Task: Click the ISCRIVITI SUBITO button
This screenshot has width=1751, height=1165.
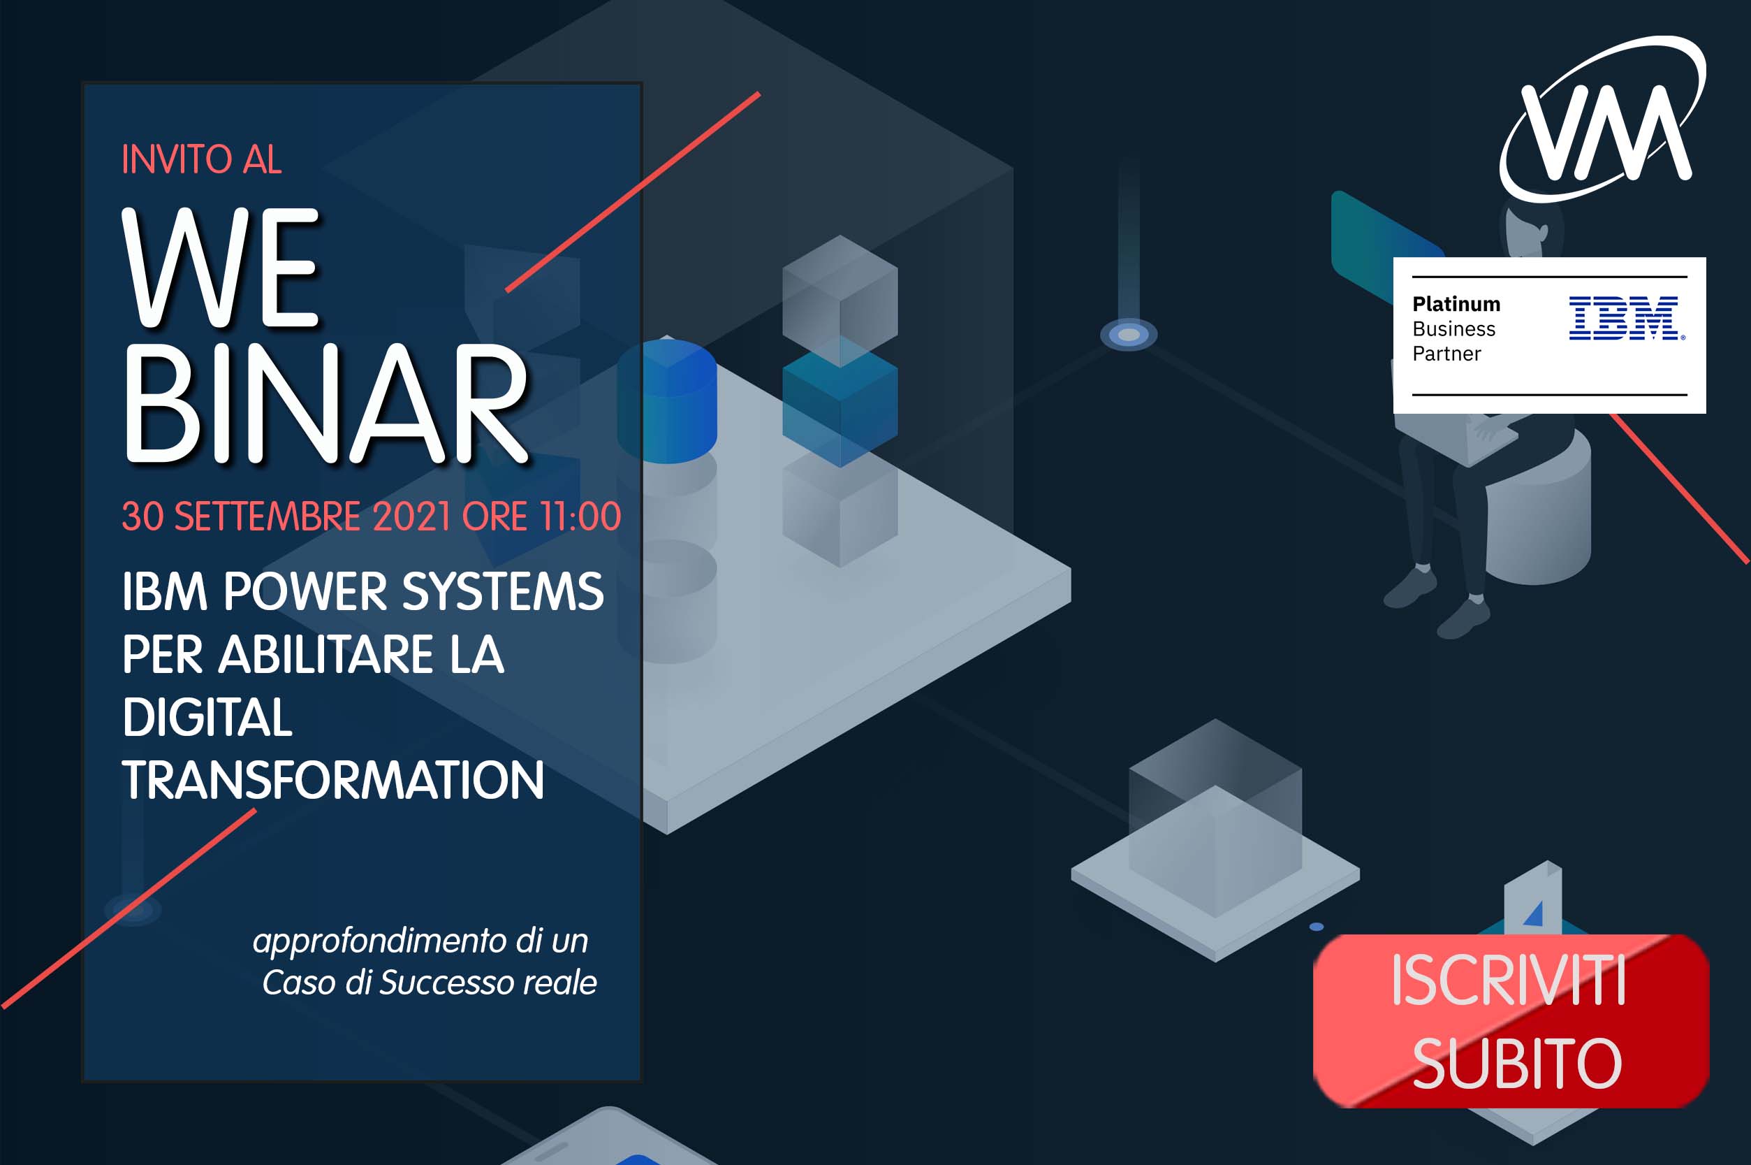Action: click(1512, 1020)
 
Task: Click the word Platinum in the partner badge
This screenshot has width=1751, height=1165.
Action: click(1456, 304)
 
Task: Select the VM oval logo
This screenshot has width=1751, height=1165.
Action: click(1602, 119)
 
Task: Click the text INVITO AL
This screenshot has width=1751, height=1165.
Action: click(201, 160)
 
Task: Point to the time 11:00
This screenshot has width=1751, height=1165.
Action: click(580, 516)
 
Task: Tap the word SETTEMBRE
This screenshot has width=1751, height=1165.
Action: click(267, 516)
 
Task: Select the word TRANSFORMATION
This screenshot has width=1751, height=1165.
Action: click(333, 780)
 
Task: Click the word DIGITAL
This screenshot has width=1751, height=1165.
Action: click(207, 717)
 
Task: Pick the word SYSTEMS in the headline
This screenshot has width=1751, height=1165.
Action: click(503, 591)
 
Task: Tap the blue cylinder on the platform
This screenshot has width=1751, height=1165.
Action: click(667, 401)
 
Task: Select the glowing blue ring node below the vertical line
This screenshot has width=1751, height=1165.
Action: click(1129, 334)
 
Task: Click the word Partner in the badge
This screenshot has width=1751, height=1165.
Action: click(1446, 354)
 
